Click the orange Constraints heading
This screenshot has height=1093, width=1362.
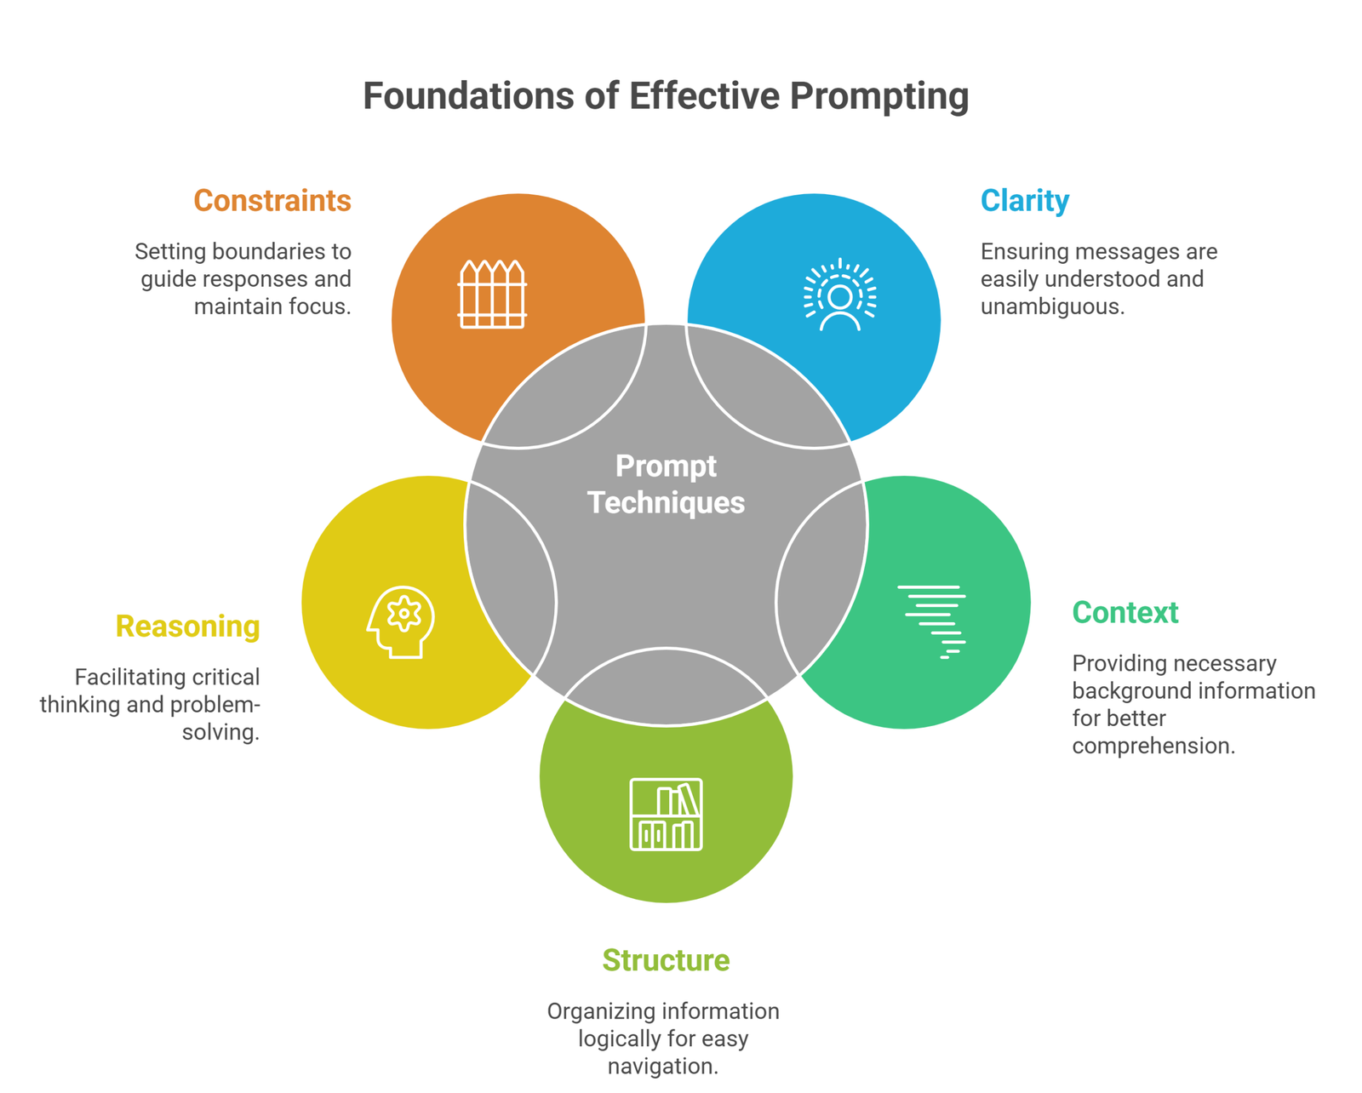(272, 201)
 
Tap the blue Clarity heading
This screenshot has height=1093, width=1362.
(1024, 201)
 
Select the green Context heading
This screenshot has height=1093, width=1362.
(1125, 613)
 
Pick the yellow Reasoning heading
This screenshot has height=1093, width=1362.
(187, 627)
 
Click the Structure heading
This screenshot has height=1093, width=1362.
(666, 960)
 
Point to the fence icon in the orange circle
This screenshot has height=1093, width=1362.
(492, 295)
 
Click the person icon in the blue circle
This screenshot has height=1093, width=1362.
(840, 295)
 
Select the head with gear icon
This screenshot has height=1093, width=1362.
(401, 621)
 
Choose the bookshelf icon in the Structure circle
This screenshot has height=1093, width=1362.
(666, 814)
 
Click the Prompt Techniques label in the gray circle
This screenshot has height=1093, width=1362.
(666, 484)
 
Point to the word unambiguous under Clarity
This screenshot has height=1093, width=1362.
(1052, 306)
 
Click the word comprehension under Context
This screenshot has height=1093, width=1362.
(1153, 746)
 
